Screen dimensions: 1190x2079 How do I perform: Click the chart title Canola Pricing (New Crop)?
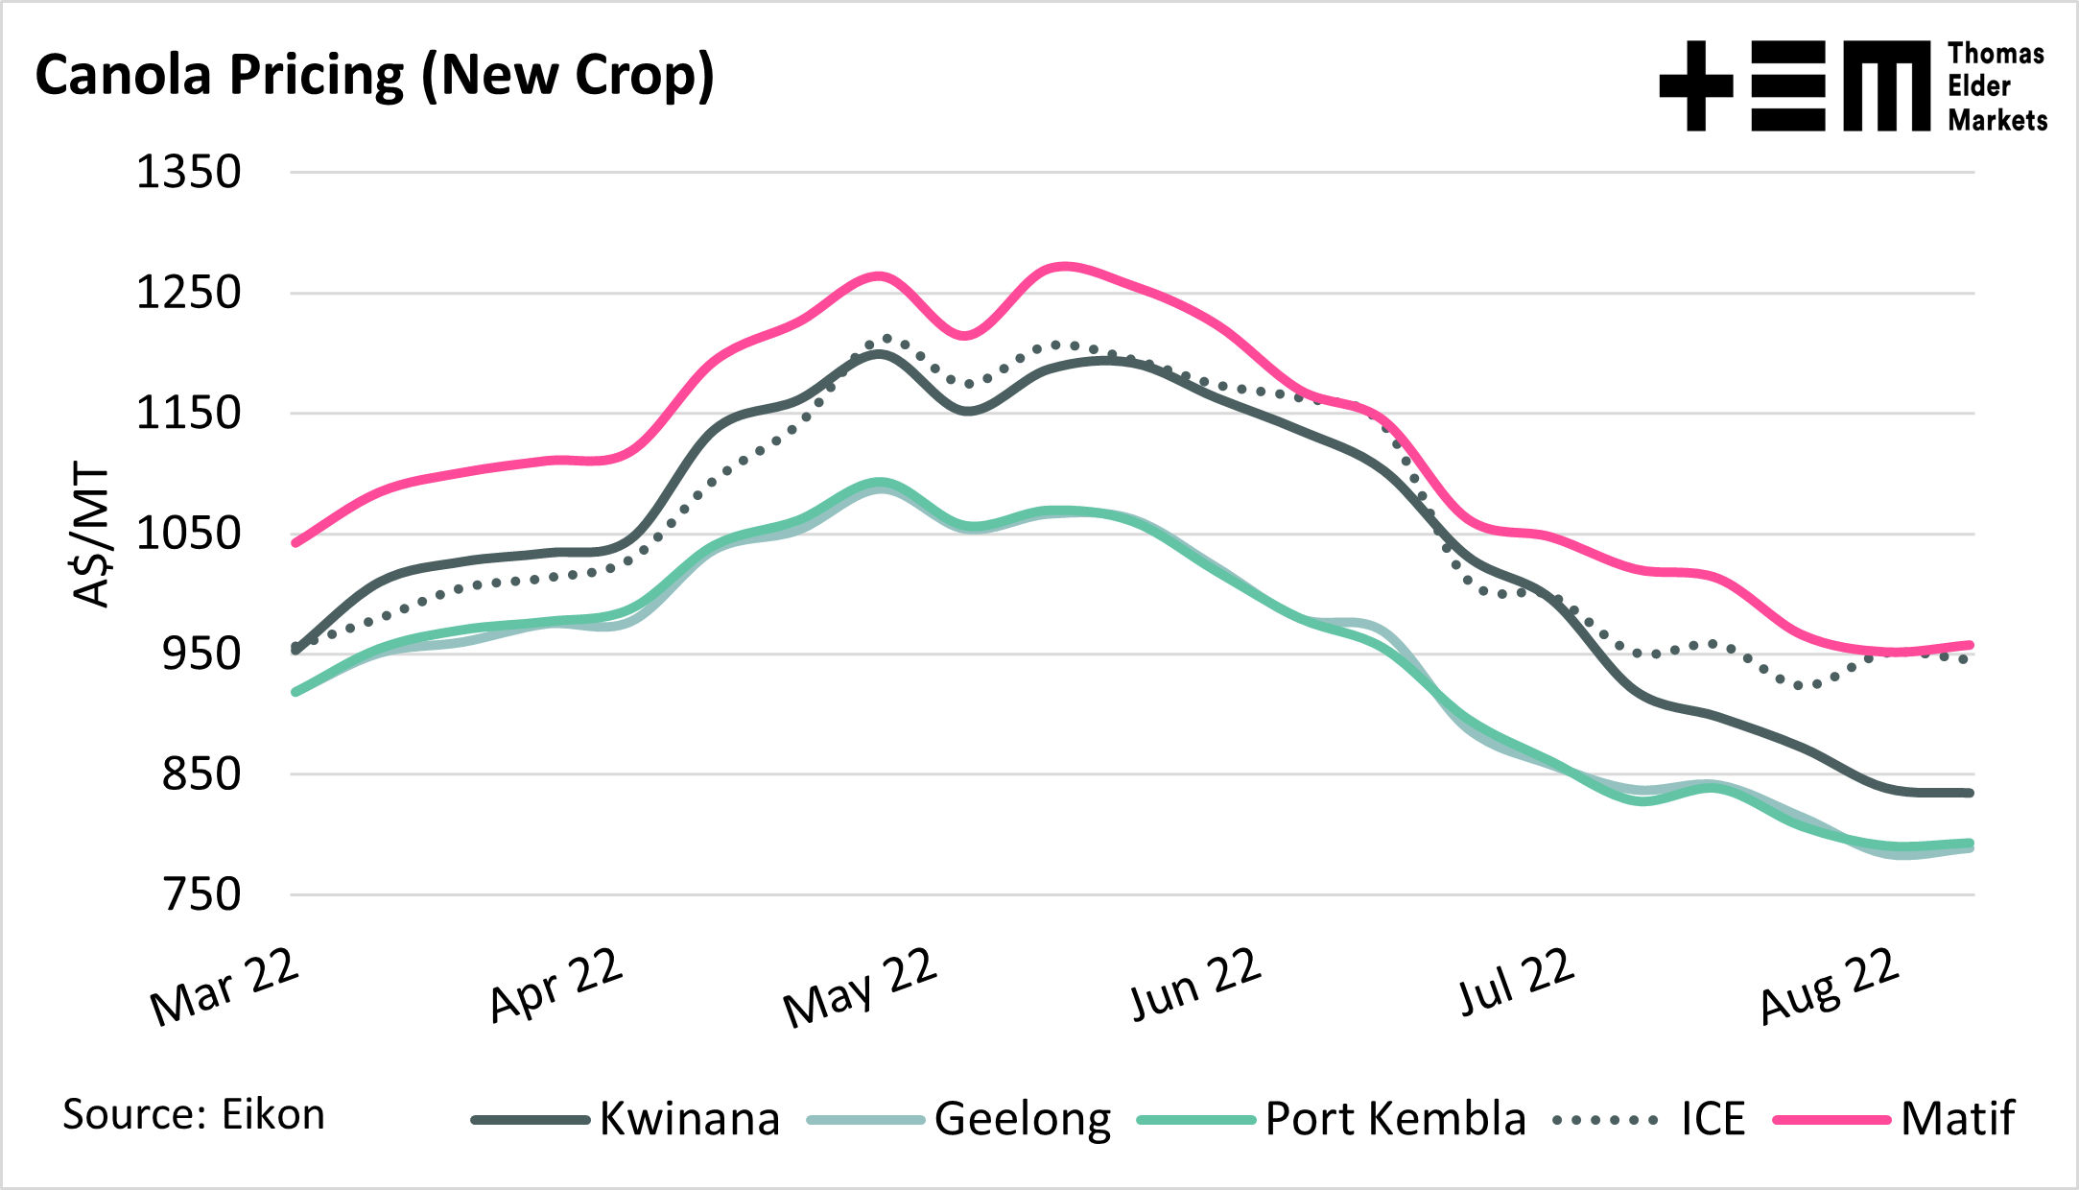[374, 77]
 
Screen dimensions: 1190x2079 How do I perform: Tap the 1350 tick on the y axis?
[188, 174]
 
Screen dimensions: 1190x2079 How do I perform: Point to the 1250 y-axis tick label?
[188, 294]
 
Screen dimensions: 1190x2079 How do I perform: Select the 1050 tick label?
[188, 535]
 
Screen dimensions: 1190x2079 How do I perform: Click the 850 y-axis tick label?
[200, 775]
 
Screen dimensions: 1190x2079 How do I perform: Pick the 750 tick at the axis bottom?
[200, 895]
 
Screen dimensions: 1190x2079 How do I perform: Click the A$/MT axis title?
[92, 535]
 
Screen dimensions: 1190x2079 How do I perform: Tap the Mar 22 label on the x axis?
[225, 988]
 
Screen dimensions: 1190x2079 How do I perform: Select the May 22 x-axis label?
[860, 988]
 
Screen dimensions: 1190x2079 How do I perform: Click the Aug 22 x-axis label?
[1830, 987]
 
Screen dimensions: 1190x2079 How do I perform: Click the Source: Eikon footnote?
[194, 1115]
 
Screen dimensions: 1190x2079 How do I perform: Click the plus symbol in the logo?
[1695, 85]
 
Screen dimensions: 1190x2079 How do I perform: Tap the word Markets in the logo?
[1997, 121]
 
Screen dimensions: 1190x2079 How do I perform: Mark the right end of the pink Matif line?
[1970, 645]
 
